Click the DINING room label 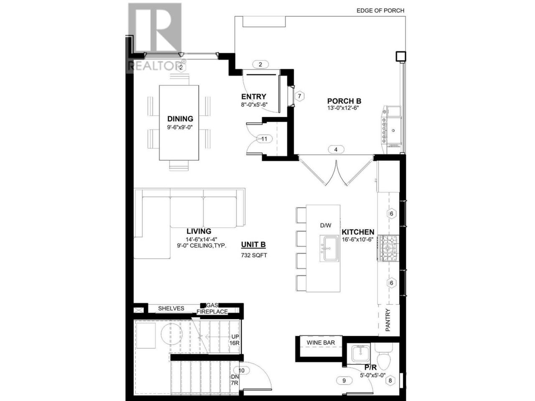pos(180,119)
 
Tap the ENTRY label pos(253,96)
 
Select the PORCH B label pos(344,101)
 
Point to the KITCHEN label pos(357,232)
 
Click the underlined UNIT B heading pos(253,245)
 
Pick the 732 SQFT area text pos(254,255)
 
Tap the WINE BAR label pos(321,343)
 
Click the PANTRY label pos(388,320)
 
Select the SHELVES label pos(171,309)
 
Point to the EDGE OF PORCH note pos(380,11)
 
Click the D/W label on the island pos(326,226)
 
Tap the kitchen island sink pos(329,249)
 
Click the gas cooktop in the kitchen pos(388,249)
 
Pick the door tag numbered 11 pos(264,139)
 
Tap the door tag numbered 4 pos(336,150)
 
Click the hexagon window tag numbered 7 pos(299,96)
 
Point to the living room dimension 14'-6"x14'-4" pos(201,239)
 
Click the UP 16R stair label pos(235,340)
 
